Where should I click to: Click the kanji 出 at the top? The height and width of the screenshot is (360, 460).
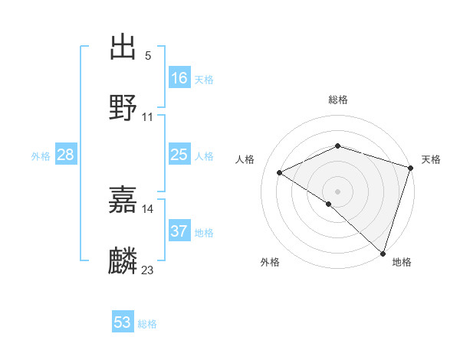(123, 47)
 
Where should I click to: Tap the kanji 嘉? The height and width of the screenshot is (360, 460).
(123, 201)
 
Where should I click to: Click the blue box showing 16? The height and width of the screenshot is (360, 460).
(179, 78)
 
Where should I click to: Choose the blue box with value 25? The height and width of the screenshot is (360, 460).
(179, 155)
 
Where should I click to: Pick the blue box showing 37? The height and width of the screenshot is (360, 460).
(179, 231)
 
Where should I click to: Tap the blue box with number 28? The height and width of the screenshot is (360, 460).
(66, 155)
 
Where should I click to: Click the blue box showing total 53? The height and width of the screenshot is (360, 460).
(123, 322)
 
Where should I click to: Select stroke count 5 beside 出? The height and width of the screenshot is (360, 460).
(147, 55)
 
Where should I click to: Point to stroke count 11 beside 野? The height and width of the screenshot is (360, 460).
(148, 117)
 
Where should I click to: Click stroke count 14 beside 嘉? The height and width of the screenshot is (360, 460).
(148, 208)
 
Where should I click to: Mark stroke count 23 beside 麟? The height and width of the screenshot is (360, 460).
(148, 270)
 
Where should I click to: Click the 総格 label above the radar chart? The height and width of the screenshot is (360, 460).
(337, 100)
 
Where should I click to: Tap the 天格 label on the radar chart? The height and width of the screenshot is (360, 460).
(431, 159)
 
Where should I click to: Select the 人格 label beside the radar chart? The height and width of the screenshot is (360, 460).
(245, 159)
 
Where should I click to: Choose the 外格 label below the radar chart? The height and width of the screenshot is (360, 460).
(270, 263)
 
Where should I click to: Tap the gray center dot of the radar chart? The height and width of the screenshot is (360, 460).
(337, 191)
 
